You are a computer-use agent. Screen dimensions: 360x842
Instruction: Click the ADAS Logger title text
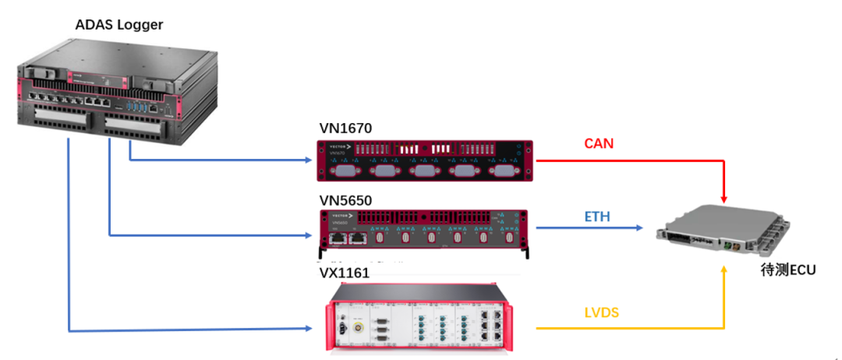119,25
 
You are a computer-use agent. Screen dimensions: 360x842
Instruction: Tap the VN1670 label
345,128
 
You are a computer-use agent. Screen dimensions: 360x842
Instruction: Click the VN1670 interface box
425,160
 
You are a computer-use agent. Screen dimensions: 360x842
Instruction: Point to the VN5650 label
345,200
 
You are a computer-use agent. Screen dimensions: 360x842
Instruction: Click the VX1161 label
344,274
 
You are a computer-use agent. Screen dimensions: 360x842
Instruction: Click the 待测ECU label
788,270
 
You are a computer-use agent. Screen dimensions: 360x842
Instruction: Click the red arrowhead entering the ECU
726,201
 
